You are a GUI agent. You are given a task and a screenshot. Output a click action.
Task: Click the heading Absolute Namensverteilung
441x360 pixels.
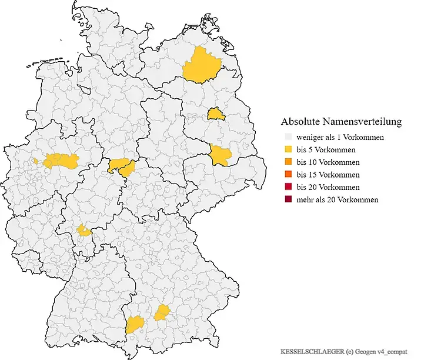341,122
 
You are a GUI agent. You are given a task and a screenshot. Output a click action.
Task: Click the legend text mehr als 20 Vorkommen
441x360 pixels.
338,200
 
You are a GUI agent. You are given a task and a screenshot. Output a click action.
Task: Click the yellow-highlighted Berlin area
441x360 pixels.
215,113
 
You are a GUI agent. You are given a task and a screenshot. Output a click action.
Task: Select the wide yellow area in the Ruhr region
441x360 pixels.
61,161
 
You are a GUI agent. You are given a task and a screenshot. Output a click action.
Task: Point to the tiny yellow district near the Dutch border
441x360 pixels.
36,160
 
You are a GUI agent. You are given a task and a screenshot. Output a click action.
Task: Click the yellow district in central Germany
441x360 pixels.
121,166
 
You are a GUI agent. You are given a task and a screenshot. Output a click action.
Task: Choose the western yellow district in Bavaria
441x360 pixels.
135,323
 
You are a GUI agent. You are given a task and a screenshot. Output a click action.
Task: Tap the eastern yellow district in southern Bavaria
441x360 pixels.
162,312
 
